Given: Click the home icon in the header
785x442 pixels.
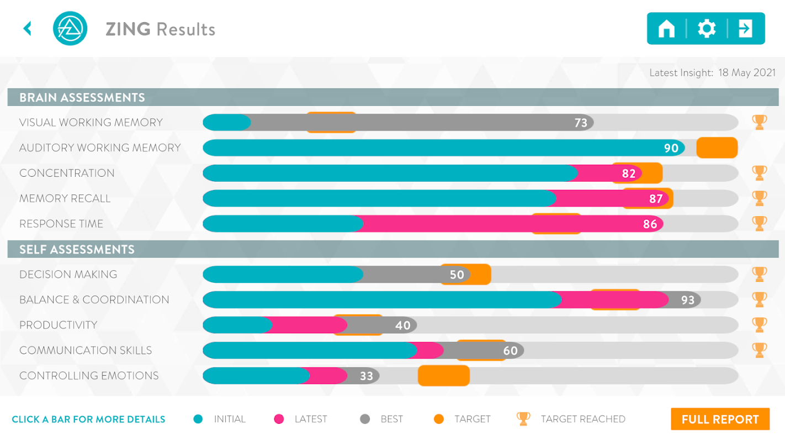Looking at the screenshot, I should pos(666,29).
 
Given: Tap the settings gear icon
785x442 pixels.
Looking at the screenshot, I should pos(707,29).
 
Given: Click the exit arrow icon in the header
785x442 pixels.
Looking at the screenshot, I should pos(745,29).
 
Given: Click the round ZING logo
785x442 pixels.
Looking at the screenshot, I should pos(70,29).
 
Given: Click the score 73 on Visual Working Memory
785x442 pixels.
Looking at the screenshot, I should pos(581,123).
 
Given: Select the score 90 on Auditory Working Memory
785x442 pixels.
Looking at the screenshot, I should pos(671,148).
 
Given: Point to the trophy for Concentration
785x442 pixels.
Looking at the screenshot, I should pos(760,173).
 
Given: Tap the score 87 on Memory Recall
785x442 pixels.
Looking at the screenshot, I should pos(656,199).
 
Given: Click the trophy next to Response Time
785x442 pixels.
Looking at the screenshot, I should pos(760,224).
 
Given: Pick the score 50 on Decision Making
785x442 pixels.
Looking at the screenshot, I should pos(457,275).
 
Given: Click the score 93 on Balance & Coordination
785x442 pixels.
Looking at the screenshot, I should pos(688,300).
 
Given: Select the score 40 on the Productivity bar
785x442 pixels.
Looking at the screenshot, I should pos(403,325).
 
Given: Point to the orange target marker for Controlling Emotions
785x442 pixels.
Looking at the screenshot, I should pos(444,376).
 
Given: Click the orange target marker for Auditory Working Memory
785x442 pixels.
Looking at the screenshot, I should pos(717,148).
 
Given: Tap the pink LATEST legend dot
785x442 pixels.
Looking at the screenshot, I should pos(279,419).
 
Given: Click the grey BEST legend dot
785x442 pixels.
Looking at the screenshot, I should pos(365,419).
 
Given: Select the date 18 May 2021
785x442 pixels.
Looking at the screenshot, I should pos(747,73).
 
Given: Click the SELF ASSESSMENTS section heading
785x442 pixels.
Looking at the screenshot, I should pos(77,250).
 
